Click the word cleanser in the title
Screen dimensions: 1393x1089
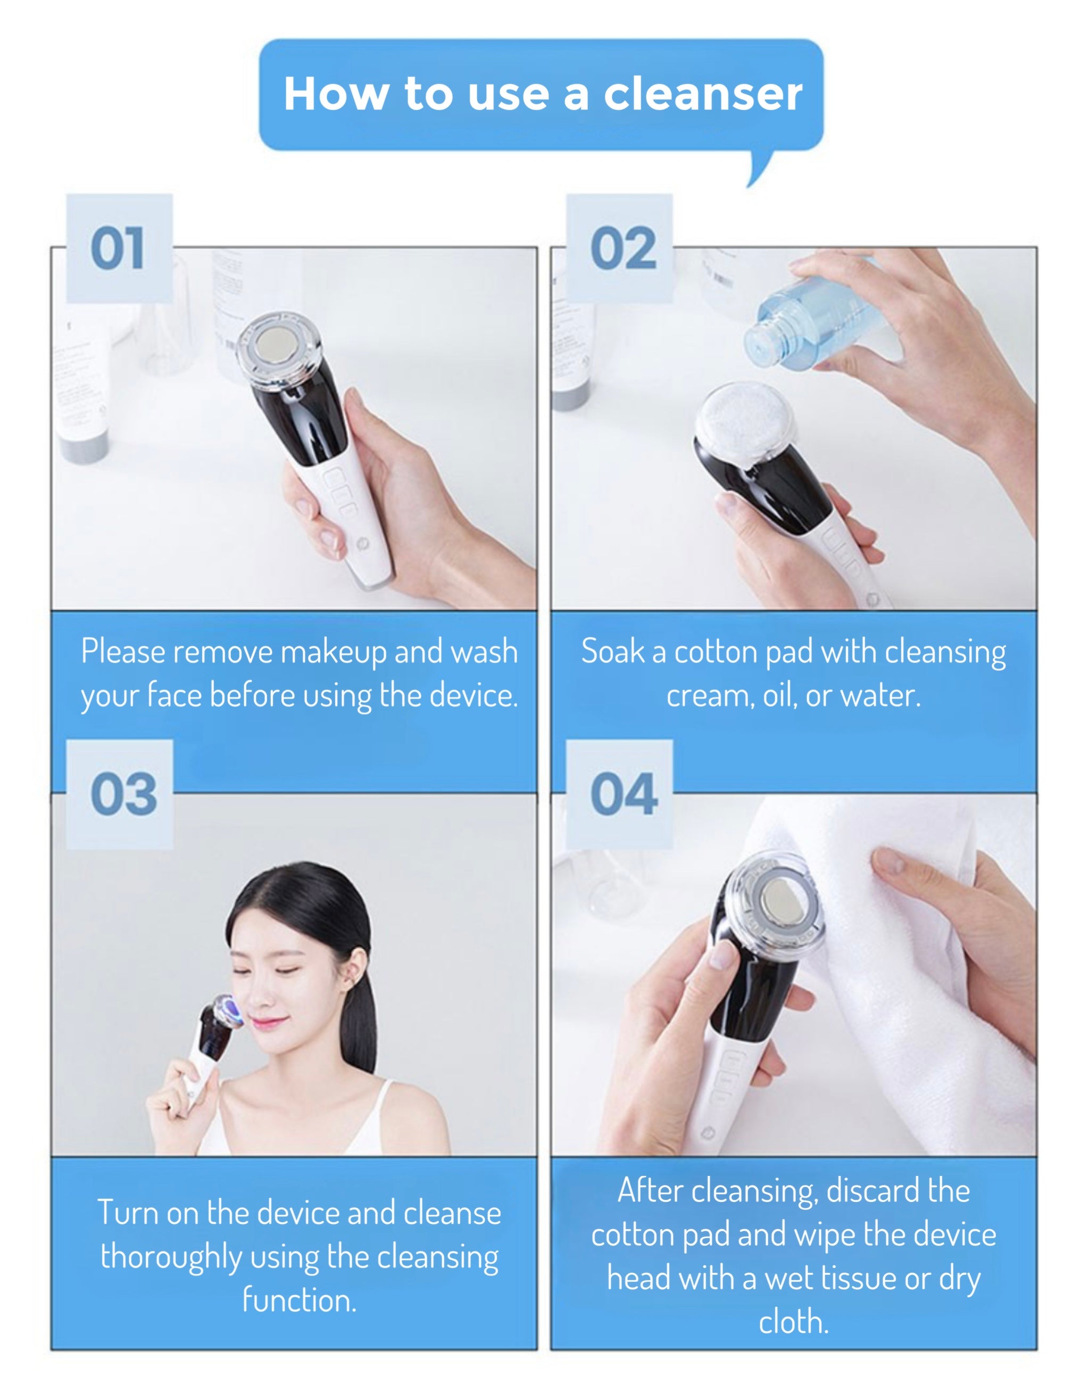pyautogui.click(x=703, y=94)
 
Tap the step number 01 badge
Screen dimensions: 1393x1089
pyautogui.click(x=119, y=249)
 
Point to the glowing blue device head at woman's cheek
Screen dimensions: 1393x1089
pyautogui.click(x=228, y=1011)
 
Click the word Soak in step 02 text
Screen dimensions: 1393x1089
pyautogui.click(x=612, y=652)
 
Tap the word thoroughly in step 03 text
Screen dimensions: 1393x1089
pyautogui.click(x=171, y=1258)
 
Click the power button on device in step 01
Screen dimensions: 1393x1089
pyautogui.click(x=363, y=543)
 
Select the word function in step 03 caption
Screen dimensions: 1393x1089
pyautogui.click(x=298, y=1300)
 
